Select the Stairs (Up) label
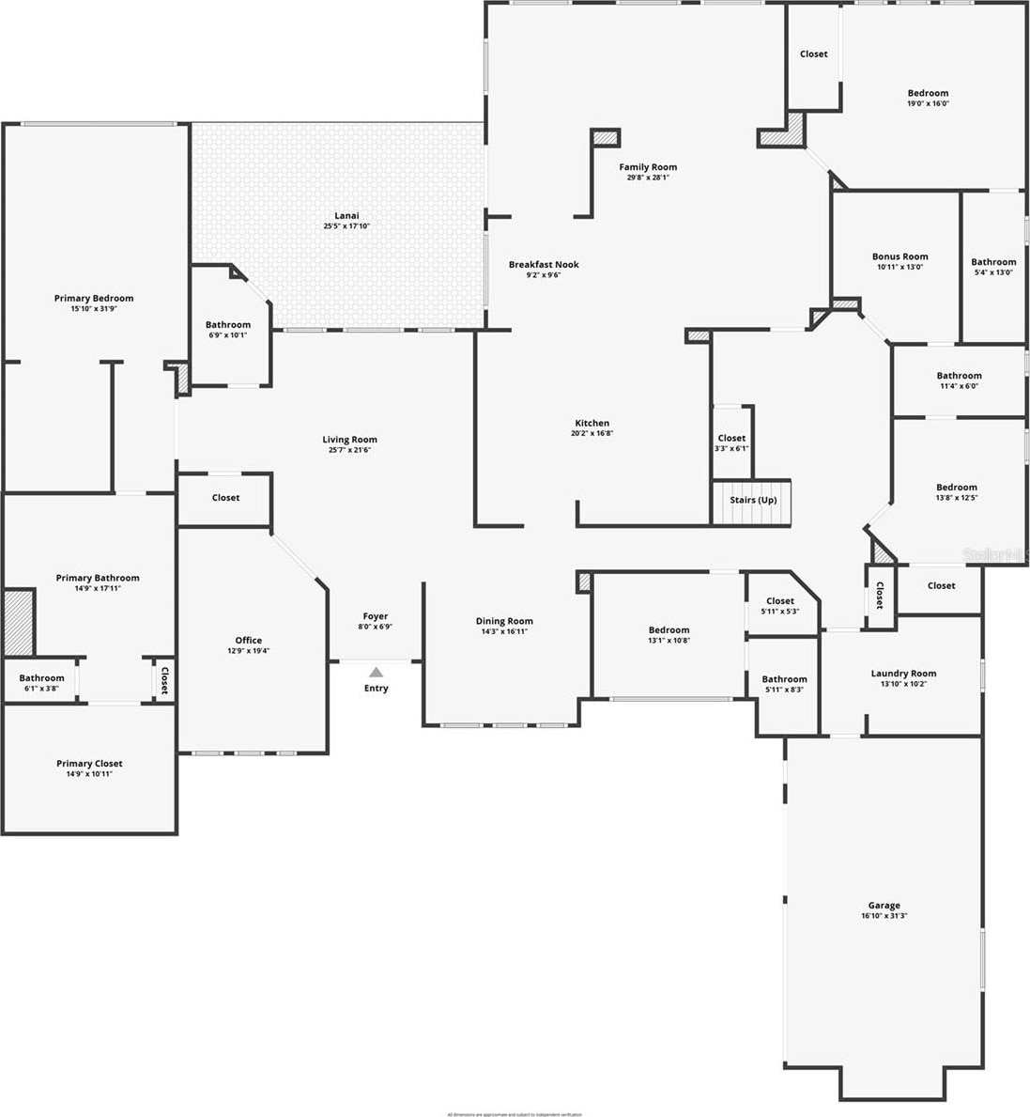click(x=753, y=500)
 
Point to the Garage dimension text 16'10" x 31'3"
click(x=884, y=916)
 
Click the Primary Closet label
click(x=89, y=764)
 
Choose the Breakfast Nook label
click(x=544, y=265)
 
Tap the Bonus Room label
click(x=899, y=256)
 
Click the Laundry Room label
click(x=903, y=674)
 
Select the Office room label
click(x=249, y=641)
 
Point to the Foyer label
click(x=376, y=616)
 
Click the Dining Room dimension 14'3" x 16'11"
click(x=504, y=631)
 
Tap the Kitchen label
click(x=592, y=424)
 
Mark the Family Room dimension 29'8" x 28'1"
click(x=648, y=178)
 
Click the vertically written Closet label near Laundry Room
click(x=880, y=596)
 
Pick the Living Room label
click(x=349, y=440)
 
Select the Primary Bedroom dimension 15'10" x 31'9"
click(x=94, y=308)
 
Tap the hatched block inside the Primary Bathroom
click(x=18, y=622)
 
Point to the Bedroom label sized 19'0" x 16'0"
click(x=928, y=93)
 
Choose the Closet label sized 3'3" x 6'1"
click(x=731, y=438)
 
